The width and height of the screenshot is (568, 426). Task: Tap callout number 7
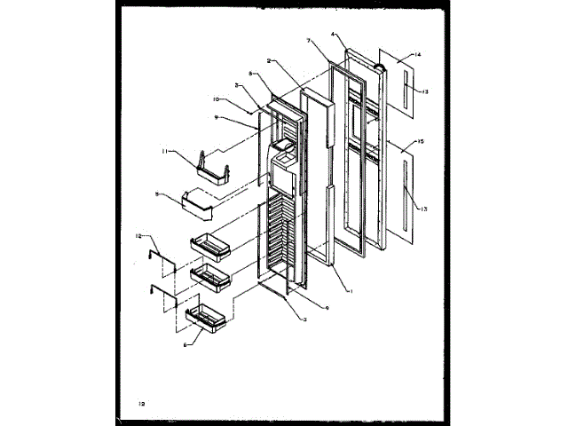(310, 41)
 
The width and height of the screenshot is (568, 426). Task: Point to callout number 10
(217, 99)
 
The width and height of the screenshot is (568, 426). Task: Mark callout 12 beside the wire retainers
(138, 235)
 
